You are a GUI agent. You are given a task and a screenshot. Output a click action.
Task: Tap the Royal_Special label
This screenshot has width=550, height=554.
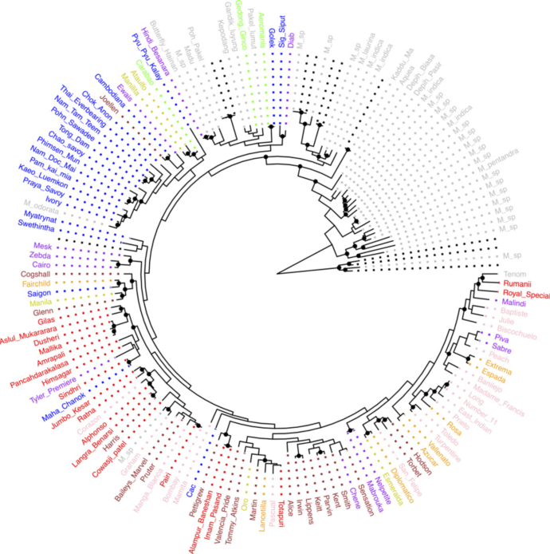pyautogui.click(x=524, y=295)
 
